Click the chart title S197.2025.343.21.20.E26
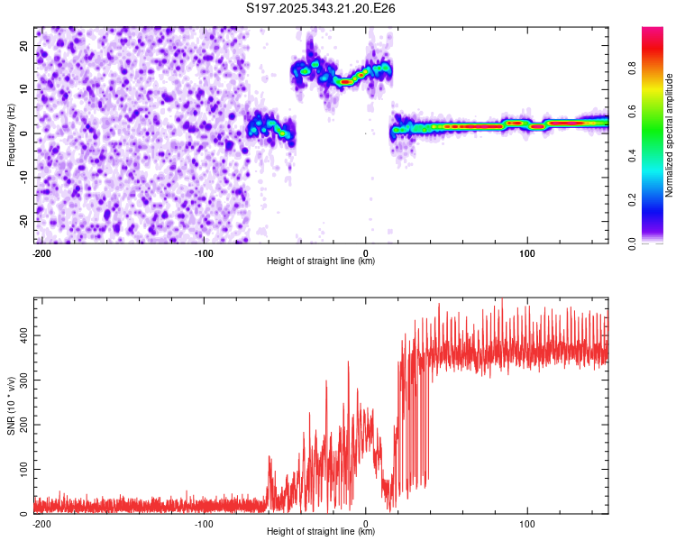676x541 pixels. (322, 8)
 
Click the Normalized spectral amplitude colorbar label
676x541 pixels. (670, 135)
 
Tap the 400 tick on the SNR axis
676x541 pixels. (23, 335)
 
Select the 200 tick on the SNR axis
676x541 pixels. (23, 425)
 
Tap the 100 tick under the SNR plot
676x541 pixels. (527, 523)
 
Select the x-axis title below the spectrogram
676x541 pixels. (321, 261)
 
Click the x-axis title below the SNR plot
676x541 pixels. (321, 532)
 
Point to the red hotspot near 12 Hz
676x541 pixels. (346, 81)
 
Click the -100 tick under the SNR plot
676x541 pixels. (203, 523)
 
